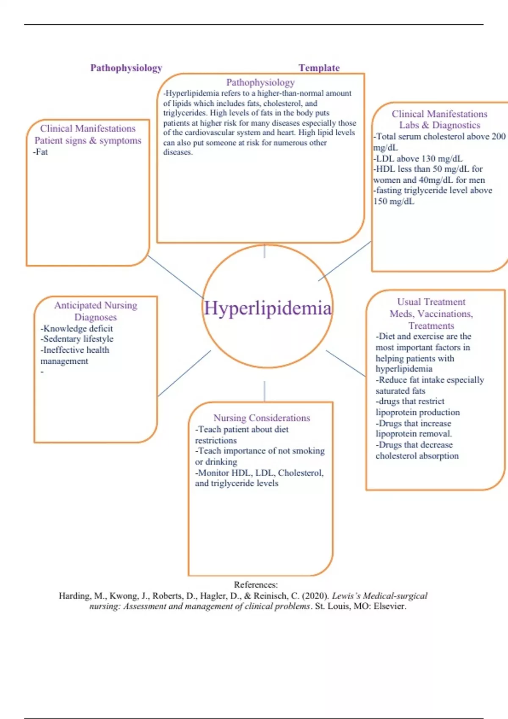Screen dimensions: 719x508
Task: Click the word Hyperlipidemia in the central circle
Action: click(268, 308)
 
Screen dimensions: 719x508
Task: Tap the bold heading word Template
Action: click(319, 68)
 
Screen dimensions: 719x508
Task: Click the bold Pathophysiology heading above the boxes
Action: click(126, 68)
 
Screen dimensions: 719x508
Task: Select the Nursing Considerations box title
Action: click(262, 418)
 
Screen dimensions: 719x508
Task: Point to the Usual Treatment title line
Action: click(431, 302)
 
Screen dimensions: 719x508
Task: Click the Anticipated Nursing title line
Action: click(96, 305)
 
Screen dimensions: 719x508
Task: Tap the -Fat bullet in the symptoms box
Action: click(41, 152)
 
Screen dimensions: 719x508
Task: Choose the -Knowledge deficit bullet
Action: click(77, 329)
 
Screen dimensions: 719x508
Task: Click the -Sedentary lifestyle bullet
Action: click(77, 339)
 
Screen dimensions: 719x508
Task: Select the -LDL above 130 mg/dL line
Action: click(418, 159)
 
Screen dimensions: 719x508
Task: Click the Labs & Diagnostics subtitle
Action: click(439, 125)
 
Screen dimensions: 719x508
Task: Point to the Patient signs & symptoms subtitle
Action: click(88, 140)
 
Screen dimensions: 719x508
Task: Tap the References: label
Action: click(256, 585)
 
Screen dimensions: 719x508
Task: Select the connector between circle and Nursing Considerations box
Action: click(265, 391)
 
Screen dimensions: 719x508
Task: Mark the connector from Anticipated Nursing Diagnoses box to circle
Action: click(184, 373)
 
